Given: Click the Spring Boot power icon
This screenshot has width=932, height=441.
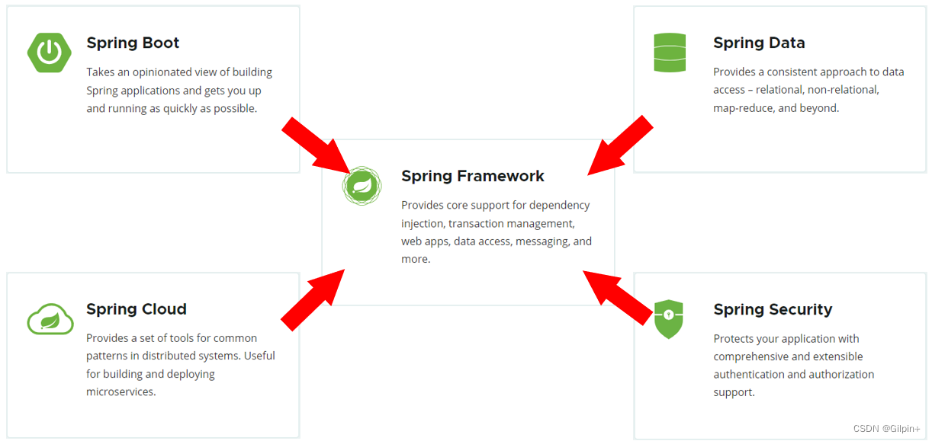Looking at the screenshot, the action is (x=50, y=52).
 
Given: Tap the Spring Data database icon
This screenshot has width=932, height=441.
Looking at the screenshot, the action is (x=670, y=53).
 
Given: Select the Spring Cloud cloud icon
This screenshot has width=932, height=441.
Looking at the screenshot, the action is (x=50, y=318).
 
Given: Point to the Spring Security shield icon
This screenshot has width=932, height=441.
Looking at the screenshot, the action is (x=669, y=318).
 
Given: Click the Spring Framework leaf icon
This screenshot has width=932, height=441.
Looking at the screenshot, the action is (x=362, y=186).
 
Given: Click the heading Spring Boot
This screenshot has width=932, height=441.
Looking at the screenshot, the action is (x=133, y=43).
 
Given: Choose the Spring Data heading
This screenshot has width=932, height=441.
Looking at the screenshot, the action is (x=759, y=43).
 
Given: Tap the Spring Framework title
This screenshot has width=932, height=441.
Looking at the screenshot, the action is (x=473, y=176).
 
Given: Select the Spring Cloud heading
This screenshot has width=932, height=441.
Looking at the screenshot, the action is (x=137, y=309).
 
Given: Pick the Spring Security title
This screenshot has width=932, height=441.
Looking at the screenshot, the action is (x=773, y=309).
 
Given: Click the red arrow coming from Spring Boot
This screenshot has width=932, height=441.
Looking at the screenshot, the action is (x=313, y=145).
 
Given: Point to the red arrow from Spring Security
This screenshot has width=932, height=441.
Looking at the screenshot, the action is (x=619, y=294).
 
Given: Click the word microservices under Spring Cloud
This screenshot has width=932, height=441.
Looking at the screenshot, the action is (x=121, y=391).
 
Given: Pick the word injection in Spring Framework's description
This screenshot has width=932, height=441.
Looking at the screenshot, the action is (x=423, y=223).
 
